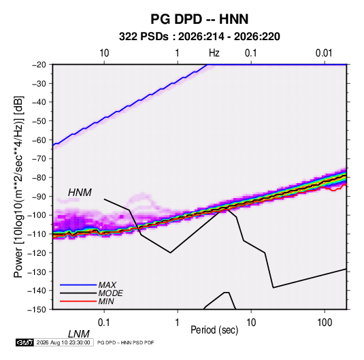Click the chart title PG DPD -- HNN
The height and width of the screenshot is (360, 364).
(199, 19)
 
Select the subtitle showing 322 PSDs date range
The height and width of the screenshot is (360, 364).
(199, 37)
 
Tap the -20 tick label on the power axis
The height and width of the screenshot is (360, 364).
(39, 65)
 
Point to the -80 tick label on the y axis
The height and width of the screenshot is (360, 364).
(39, 178)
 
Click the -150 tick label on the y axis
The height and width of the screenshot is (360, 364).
(37, 310)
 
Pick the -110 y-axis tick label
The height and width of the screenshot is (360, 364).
(37, 234)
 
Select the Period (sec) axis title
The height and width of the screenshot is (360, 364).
(214, 330)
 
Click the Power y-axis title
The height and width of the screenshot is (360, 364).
(18, 187)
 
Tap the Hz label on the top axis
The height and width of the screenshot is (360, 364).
(214, 53)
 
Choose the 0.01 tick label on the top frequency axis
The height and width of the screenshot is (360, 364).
(324, 53)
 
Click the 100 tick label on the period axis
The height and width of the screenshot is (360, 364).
(325, 323)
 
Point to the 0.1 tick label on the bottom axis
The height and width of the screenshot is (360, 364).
(104, 323)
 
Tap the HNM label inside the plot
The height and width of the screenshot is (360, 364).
(80, 193)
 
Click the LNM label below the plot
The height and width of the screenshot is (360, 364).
(79, 334)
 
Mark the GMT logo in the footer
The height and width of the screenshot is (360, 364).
(25, 342)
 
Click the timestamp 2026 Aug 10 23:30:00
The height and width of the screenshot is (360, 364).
(63, 342)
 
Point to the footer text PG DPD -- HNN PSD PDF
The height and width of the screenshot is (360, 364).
(125, 342)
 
